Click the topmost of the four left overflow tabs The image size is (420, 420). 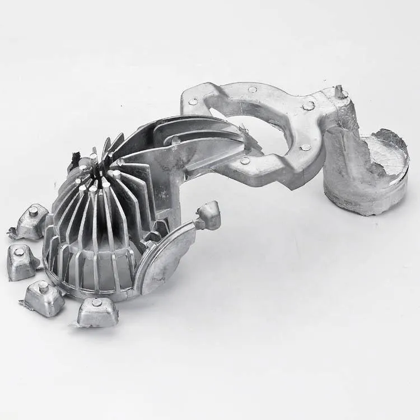(31, 222)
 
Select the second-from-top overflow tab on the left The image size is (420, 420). (21, 261)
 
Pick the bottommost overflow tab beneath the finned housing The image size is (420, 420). (97, 312)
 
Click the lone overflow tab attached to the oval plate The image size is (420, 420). (209, 215)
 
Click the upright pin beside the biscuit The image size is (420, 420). (339, 91)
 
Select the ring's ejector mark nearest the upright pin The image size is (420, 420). (308, 105)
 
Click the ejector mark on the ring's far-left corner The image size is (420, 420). (193, 101)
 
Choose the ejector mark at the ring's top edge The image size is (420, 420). (253, 89)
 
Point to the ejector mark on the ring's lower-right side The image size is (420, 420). (305, 147)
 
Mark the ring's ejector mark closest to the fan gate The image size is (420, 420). (245, 161)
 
